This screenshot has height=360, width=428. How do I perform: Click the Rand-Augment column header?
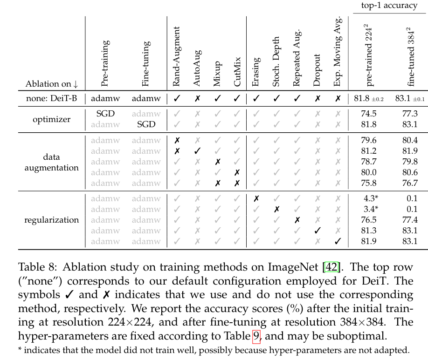coord(177,56)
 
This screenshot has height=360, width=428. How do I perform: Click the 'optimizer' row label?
coord(52,119)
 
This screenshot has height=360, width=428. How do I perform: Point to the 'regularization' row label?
coord(52,220)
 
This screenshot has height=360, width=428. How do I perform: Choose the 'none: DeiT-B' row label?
coord(52,98)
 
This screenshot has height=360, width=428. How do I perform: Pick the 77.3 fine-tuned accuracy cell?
coord(409,114)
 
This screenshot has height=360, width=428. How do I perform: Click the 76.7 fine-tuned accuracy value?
coord(409,183)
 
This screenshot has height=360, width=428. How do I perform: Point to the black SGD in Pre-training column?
coord(105,114)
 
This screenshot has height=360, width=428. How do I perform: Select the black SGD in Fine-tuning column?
coord(146,124)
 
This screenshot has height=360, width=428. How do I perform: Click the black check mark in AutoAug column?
coord(197,151)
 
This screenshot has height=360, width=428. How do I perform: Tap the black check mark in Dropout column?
coord(318,231)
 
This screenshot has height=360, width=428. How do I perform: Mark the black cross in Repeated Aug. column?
coord(297,220)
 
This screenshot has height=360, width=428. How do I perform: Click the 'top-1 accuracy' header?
coord(390,5)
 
